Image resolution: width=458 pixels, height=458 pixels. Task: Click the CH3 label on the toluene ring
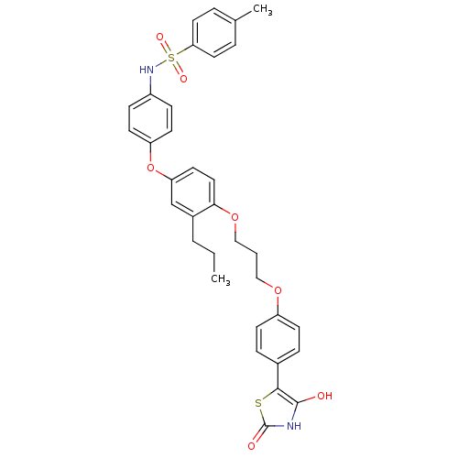[x=262, y=9]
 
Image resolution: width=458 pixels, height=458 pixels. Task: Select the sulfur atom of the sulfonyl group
[x=171, y=57]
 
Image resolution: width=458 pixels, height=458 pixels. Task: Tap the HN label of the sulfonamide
[x=147, y=70]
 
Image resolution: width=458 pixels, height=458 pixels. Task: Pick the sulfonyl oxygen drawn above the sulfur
[x=160, y=37]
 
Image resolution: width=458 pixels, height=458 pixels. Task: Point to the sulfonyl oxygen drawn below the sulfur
[x=183, y=79]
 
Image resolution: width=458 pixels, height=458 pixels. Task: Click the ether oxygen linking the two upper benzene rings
[x=150, y=168]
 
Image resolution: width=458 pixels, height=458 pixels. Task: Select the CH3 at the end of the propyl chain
[x=221, y=279]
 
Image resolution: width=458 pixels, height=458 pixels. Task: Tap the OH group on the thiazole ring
[x=324, y=396]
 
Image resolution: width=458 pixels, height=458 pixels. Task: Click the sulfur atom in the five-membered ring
[x=258, y=403]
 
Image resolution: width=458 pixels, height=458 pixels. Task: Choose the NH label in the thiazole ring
[x=294, y=426]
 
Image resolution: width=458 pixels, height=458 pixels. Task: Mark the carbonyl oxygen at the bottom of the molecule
[x=251, y=446]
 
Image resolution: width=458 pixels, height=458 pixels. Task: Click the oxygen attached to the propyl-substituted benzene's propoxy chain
[x=234, y=217]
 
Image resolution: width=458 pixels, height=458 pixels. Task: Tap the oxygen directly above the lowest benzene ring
[x=278, y=290]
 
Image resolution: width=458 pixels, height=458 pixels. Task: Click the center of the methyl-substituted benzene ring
[x=214, y=33]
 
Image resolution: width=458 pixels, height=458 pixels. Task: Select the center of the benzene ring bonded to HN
[x=150, y=118]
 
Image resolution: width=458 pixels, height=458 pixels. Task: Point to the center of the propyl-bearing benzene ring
[x=192, y=192]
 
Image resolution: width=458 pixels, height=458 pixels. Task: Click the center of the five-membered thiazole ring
[x=278, y=410]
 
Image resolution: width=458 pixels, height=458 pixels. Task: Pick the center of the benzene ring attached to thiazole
[x=278, y=339]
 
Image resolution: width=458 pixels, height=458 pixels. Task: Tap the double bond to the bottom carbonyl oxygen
[x=260, y=434]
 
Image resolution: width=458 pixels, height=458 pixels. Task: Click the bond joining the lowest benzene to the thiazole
[x=278, y=376]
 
